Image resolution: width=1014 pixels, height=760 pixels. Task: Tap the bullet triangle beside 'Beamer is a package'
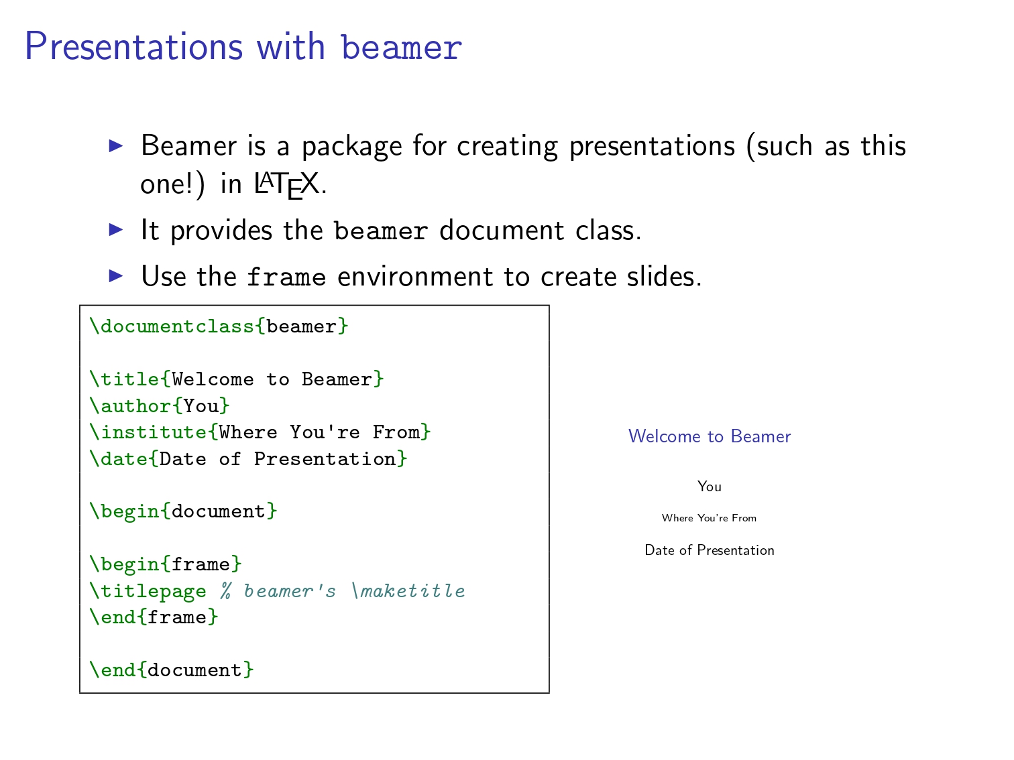click(x=115, y=146)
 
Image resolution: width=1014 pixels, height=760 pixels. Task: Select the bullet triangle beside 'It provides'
click(x=115, y=229)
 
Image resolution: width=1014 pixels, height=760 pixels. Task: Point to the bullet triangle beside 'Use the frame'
click(x=115, y=275)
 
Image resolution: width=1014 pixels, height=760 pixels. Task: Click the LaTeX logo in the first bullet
click(x=287, y=184)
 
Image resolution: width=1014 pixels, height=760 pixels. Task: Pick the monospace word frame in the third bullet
click(x=286, y=277)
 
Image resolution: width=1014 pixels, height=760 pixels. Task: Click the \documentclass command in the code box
click(x=172, y=326)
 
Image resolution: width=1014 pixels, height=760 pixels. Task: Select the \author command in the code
click(x=131, y=406)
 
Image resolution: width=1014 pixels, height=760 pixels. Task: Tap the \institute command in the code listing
click(x=148, y=432)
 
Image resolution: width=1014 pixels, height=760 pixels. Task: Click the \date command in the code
click(x=119, y=458)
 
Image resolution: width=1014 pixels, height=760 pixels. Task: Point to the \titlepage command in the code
click(x=148, y=591)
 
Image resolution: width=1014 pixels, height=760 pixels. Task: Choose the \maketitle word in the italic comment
click(x=408, y=590)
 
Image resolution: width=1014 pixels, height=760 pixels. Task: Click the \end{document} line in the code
click(x=172, y=670)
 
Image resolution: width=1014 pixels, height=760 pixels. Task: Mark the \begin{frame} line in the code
click(x=166, y=564)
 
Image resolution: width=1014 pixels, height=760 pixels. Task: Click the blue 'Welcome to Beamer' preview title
click(x=709, y=436)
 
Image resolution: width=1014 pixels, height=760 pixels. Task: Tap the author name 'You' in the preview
click(x=709, y=487)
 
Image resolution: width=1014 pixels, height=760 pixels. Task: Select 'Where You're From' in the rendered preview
click(x=709, y=518)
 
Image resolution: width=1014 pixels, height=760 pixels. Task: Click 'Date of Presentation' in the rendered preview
click(x=709, y=550)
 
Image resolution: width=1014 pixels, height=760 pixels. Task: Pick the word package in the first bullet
click(x=352, y=147)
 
